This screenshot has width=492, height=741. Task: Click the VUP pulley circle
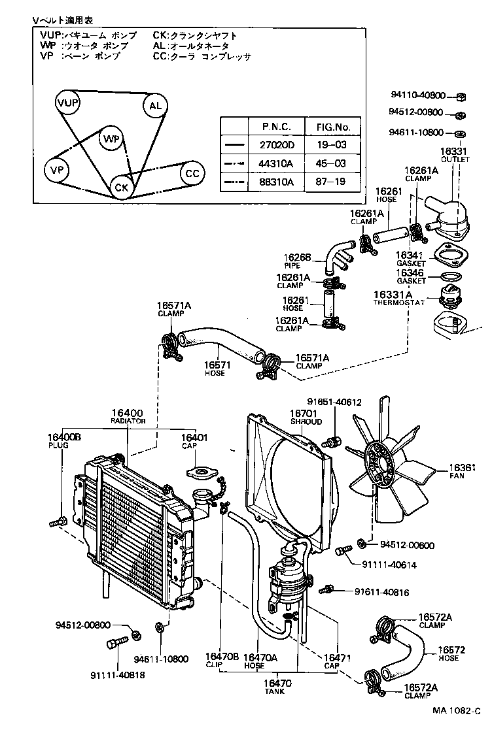point(67,103)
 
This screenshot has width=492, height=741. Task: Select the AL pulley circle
point(156,106)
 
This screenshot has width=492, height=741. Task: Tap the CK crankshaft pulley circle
point(122,187)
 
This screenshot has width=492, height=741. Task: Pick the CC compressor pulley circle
point(192,173)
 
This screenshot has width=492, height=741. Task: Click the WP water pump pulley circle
point(112,139)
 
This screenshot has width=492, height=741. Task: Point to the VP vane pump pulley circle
point(57,170)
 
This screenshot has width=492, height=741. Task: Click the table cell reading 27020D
point(277,145)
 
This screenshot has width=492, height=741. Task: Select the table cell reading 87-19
point(332,182)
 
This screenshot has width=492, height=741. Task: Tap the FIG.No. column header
point(333,127)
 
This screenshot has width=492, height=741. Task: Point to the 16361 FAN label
point(461,471)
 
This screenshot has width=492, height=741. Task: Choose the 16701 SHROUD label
point(306,418)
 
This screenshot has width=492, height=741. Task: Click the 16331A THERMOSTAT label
point(399,298)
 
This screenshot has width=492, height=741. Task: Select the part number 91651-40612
point(334,402)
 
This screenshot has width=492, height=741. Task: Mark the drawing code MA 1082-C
point(456,711)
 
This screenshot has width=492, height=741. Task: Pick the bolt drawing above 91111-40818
point(117,643)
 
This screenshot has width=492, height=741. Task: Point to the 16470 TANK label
point(277,687)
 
